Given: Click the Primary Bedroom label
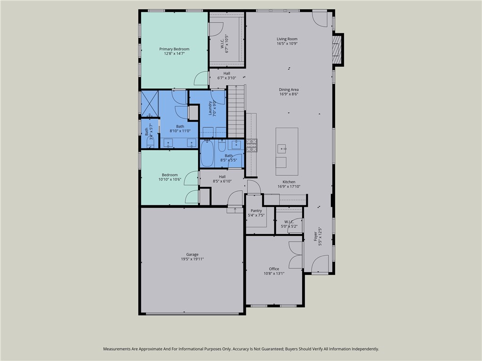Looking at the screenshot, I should coord(174,49).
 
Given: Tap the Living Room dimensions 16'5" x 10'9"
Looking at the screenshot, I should coord(287,44).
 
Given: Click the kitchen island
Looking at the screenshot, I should coord(287,148).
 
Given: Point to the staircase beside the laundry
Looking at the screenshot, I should coord(236,111).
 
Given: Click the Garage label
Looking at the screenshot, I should coord(192,254).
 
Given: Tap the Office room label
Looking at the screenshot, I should coord(274,269).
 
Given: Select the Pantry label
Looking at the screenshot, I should coord(256,211).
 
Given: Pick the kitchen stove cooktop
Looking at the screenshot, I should coord(251,145).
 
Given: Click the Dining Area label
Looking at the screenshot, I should coord(289,89).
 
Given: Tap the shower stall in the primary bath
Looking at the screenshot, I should coord(150,103).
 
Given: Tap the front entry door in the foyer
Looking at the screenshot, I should coord(320,263).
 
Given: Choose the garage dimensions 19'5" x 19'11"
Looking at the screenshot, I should coord(192,259).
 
